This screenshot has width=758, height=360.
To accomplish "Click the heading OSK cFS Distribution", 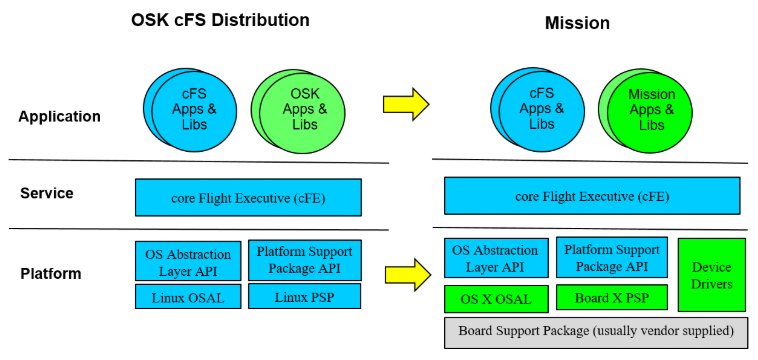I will click(220, 20).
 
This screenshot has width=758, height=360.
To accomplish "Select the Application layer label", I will click(59, 116).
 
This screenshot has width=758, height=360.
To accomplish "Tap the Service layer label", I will click(48, 192).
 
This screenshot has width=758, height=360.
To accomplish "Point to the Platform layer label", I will click(50, 273).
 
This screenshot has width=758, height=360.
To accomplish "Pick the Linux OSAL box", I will click(189, 296).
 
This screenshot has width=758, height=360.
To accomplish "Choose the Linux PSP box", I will click(304, 296).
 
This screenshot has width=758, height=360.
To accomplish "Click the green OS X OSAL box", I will click(496, 298).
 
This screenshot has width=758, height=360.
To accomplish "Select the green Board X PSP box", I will click(607, 297).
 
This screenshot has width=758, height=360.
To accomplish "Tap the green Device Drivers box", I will click(711, 275).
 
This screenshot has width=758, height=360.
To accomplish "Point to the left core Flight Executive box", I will click(248, 197).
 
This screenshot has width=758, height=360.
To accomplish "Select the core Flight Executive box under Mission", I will click(592, 196).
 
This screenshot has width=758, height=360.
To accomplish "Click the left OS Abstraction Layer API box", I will click(189, 260).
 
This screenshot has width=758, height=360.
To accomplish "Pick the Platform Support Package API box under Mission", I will click(610, 258).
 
